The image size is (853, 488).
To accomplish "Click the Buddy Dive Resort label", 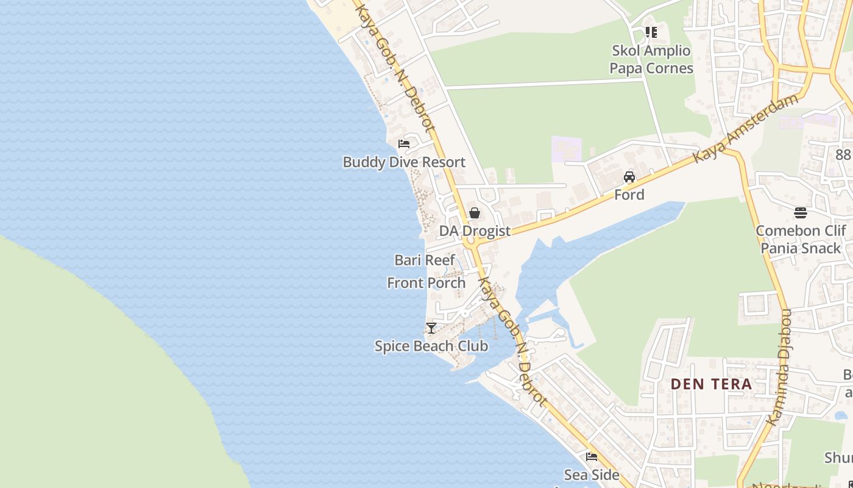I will click(x=404, y=162).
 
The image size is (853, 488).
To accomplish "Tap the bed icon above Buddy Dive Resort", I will click(x=404, y=145).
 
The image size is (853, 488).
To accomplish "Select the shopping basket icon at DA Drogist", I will click(x=475, y=213).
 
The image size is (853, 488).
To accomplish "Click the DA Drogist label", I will click(x=475, y=231).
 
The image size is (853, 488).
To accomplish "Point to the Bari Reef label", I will click(x=425, y=260).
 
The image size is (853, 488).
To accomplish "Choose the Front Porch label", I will click(x=426, y=283).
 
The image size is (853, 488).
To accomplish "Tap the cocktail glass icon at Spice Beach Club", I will click(x=431, y=328).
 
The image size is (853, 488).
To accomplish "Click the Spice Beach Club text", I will click(x=431, y=346).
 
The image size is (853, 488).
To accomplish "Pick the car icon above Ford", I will click(x=629, y=177).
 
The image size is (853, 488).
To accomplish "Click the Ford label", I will click(x=629, y=195).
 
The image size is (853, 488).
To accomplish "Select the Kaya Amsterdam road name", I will click(x=746, y=128).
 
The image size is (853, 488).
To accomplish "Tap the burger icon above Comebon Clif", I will click(x=801, y=213).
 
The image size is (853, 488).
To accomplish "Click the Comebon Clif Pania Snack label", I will click(x=801, y=240).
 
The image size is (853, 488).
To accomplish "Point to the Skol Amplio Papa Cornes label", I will click(x=651, y=59).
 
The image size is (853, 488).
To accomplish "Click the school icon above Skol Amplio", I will click(x=651, y=32).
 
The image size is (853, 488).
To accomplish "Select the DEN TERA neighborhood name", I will click(x=712, y=384).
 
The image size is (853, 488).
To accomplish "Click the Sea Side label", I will click(x=592, y=475).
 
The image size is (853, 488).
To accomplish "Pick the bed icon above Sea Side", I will click(x=592, y=457).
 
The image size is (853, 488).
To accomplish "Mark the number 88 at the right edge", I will click(x=843, y=155).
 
